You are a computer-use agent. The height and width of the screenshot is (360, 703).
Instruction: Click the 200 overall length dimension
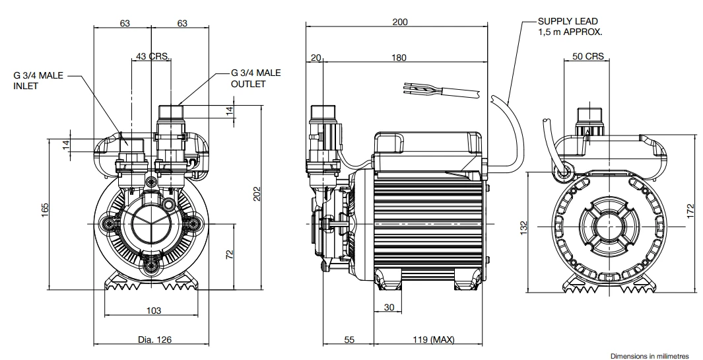tap(399, 22)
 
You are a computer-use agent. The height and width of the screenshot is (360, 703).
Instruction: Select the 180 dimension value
tap(399, 57)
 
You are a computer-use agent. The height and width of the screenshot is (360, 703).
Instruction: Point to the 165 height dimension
tap(45, 209)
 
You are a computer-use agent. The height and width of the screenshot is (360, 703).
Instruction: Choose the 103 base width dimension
tap(154, 310)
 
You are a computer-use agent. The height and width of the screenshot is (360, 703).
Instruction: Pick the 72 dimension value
tap(230, 254)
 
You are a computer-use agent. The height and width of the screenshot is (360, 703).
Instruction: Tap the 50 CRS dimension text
tap(587, 57)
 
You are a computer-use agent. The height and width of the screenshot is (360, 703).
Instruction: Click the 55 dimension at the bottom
tap(350, 340)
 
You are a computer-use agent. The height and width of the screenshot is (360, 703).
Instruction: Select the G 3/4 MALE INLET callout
tap(38, 81)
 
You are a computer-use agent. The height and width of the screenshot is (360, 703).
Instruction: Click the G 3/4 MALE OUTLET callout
tap(255, 78)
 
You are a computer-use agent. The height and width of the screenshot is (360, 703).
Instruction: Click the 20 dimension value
tap(316, 57)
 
